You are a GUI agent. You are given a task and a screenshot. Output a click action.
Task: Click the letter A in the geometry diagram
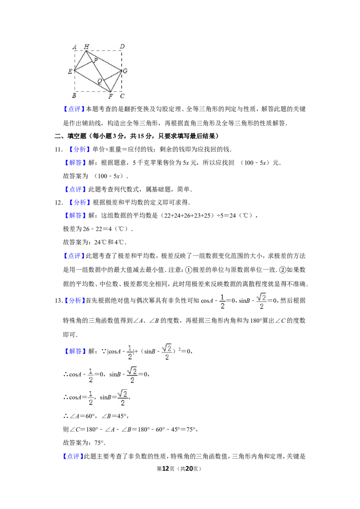click(74, 47)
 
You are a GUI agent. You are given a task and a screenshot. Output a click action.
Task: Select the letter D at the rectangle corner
click(122, 46)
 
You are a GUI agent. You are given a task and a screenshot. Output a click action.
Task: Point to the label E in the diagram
click(70, 71)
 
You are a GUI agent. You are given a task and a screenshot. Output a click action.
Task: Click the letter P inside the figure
click(95, 60)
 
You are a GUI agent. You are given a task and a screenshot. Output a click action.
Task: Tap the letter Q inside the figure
click(99, 81)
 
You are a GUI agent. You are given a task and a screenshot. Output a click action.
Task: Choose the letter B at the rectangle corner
click(74, 96)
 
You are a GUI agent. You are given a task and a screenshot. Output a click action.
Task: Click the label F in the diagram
click(110, 96)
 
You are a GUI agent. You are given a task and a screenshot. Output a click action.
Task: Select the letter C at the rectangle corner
click(122, 96)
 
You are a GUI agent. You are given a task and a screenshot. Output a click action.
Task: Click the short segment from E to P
click(83, 66)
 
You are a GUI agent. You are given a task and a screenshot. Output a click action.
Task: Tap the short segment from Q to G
click(113, 76)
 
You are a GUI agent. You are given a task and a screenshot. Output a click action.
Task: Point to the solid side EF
click(92, 81)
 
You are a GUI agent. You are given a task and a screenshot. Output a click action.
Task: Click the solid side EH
click(80, 61)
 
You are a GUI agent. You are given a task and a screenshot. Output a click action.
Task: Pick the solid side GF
click(116, 81)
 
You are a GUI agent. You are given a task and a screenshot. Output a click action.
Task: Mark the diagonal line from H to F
click(98, 71)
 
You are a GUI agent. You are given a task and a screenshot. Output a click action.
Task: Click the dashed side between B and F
click(92, 92)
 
